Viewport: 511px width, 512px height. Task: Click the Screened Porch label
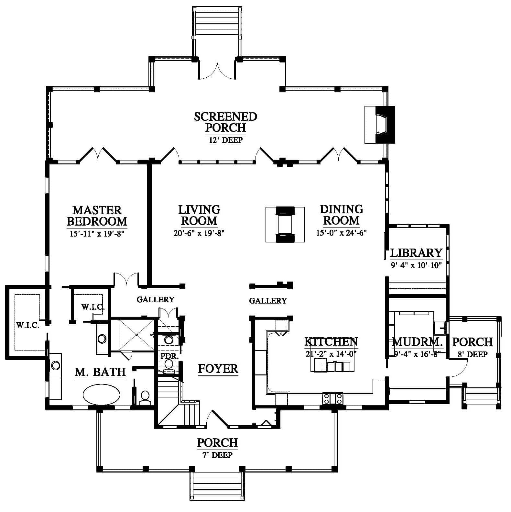225,122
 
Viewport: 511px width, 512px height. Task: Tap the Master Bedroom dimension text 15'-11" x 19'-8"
97,233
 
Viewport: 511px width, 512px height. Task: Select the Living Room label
199,215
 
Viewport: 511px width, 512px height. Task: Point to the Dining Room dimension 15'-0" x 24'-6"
341,233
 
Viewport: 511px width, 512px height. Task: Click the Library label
416,252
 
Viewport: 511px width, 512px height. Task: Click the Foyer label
218,368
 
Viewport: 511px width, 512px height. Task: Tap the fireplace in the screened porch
380,125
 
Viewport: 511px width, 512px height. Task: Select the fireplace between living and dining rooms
285,224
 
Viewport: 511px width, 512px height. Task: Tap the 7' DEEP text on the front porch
217,455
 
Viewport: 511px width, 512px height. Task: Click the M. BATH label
100,372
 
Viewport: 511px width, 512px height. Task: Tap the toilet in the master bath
145,397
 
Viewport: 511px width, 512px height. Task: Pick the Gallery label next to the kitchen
268,301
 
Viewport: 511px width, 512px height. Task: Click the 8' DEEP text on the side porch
473,354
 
